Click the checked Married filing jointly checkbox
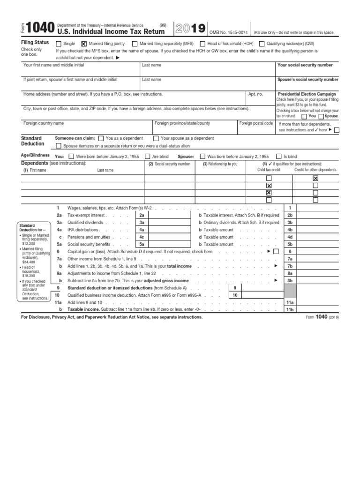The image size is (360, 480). [84, 43]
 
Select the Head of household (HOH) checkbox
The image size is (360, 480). [202, 43]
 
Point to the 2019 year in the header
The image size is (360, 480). [190, 29]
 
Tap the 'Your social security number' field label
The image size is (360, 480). [305, 65]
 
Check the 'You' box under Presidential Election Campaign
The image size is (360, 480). [305, 116]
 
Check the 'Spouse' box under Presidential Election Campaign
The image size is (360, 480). [321, 116]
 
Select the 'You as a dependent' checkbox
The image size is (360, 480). [101, 138]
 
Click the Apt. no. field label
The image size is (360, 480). [257, 94]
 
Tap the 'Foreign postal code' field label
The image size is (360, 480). [256, 123]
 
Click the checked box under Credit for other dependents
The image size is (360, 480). [315, 179]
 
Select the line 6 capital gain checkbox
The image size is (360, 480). [276, 252]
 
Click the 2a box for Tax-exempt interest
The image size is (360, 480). [142, 215]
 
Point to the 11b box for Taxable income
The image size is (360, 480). [290, 310]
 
